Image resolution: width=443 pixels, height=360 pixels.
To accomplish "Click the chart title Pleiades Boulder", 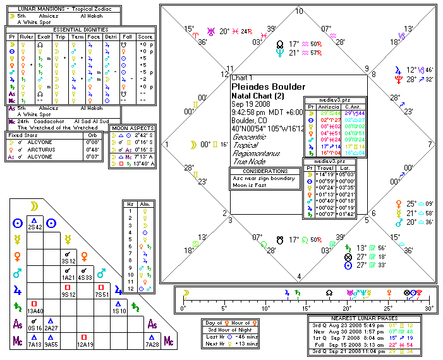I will click(x=269, y=87).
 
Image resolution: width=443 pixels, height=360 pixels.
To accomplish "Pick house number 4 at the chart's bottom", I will click(x=299, y=276).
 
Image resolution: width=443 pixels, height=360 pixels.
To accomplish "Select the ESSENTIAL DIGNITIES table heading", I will click(x=80, y=29).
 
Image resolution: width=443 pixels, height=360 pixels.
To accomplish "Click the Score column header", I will click(x=145, y=37).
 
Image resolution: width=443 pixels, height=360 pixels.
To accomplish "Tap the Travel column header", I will click(x=326, y=169).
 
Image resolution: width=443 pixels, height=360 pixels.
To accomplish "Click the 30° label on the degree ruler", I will click(x=430, y=308).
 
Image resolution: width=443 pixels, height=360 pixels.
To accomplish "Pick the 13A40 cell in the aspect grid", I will click(x=35, y=310).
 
